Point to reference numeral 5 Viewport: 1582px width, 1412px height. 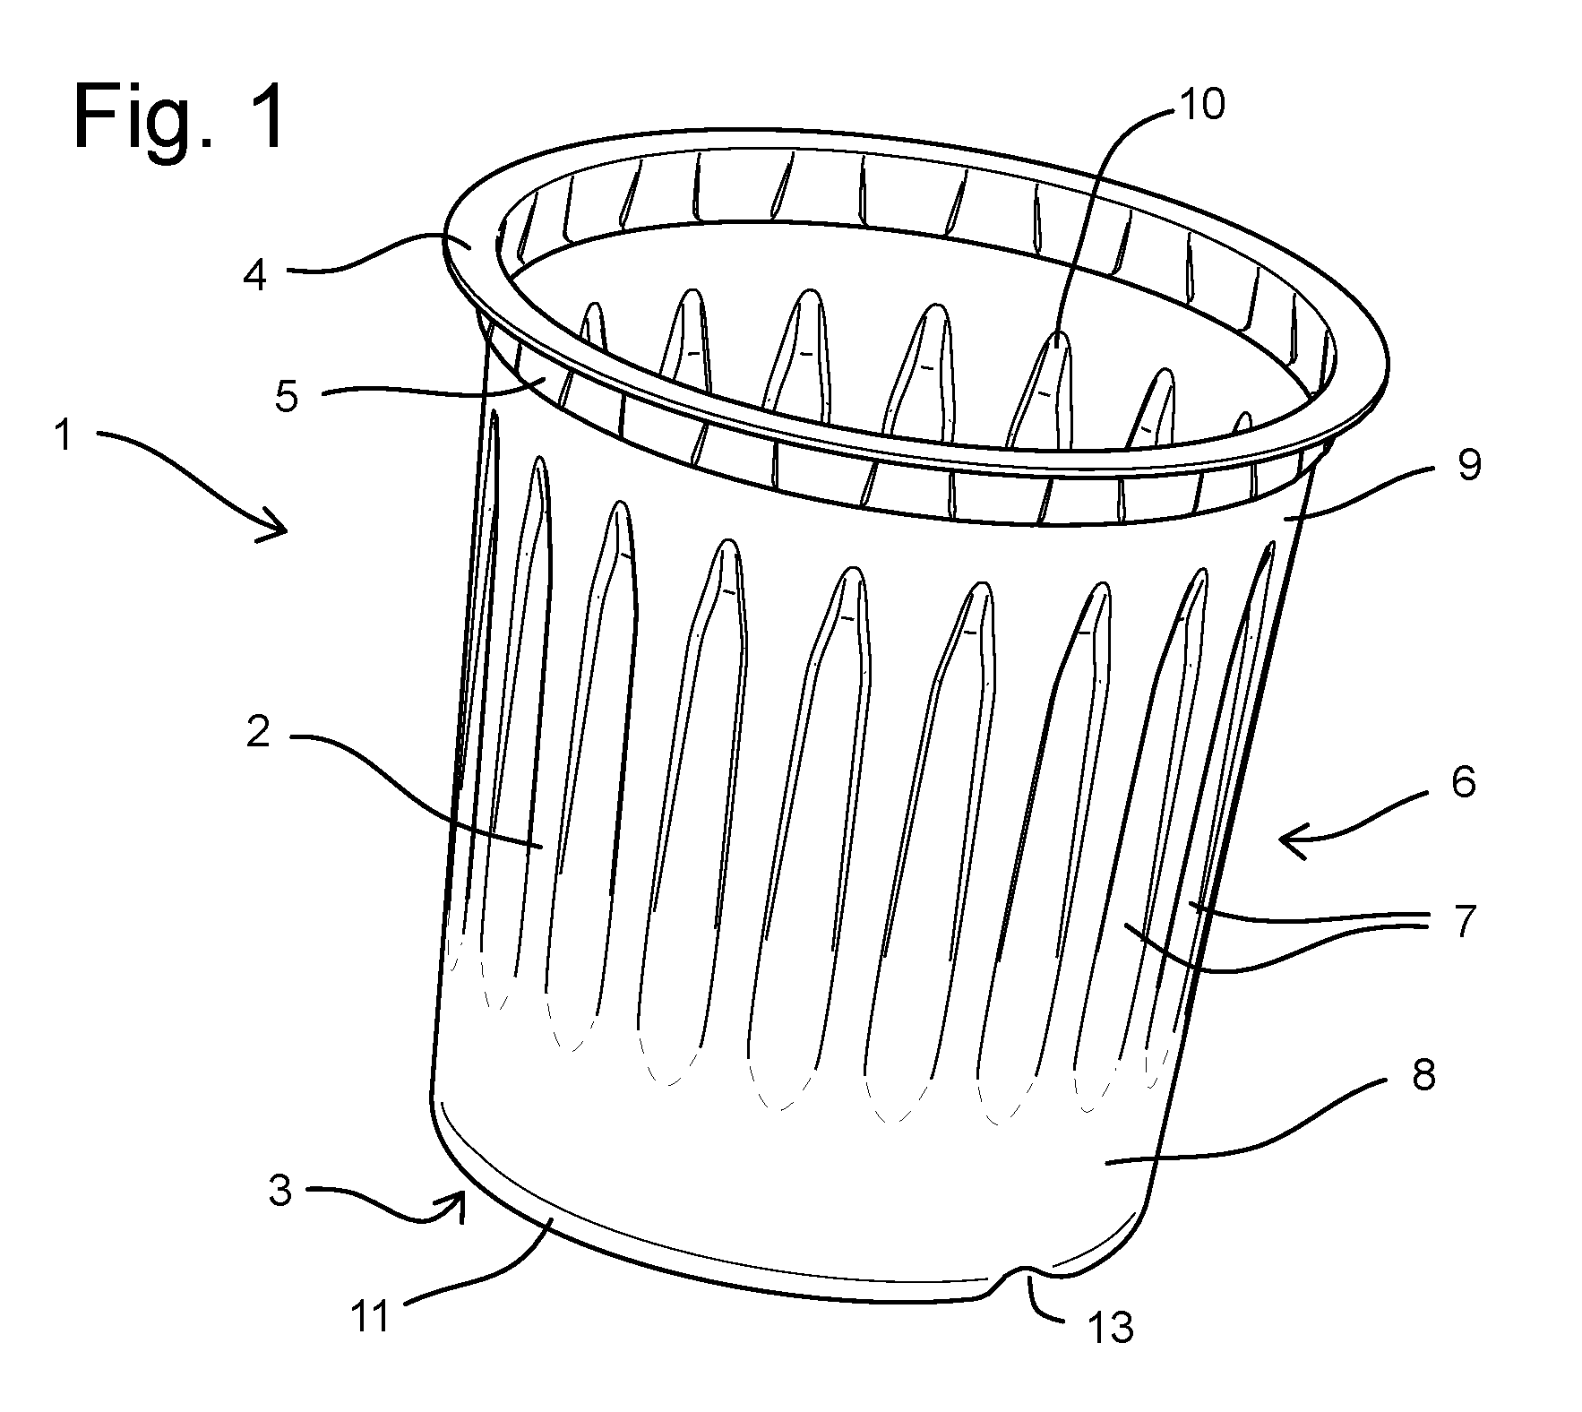point(287,397)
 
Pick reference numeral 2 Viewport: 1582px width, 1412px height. point(259,734)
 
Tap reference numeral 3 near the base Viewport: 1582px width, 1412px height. point(280,1191)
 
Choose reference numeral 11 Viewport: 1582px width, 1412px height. point(369,1316)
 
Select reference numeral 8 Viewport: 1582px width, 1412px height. point(1423,1074)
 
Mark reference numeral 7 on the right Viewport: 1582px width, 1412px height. point(1464,921)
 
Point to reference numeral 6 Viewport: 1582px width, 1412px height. point(1464,782)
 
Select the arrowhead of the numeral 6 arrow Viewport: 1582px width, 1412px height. point(1290,840)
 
